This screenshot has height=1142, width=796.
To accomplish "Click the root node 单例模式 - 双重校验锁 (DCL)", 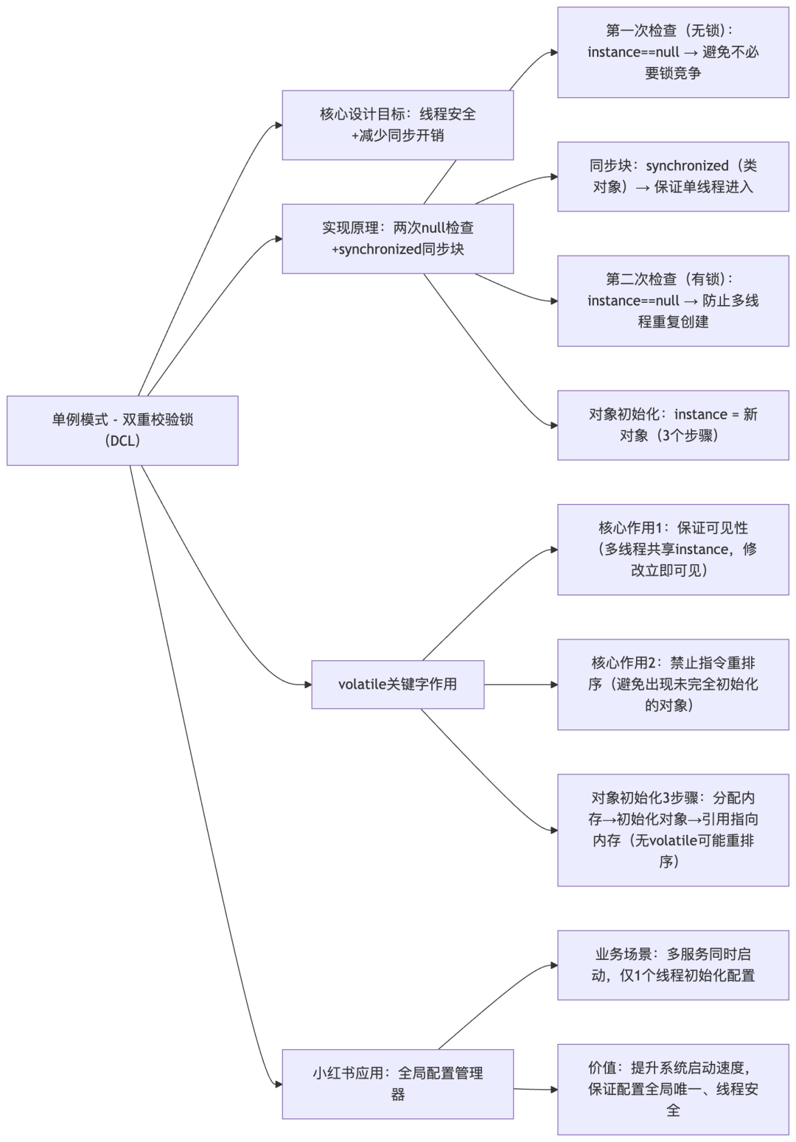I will point(122,430).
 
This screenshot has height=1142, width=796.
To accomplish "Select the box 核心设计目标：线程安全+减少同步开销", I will point(397,125).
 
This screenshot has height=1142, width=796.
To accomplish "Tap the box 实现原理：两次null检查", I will point(397,239).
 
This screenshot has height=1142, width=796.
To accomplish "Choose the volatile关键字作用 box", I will point(397,684).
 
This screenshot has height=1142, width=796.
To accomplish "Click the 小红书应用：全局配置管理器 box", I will point(397,1084).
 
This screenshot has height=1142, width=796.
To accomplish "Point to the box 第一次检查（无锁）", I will point(673,52).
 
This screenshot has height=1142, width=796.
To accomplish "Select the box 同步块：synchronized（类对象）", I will point(673,177).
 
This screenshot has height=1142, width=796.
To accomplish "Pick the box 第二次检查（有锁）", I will point(673,301).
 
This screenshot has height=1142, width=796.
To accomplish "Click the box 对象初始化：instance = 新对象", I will point(673,425).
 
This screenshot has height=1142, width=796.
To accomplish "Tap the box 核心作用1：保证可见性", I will point(673,550).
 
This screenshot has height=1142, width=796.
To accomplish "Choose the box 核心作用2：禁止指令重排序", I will point(673,684).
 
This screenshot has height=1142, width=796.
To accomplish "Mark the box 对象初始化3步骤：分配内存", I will point(673,830).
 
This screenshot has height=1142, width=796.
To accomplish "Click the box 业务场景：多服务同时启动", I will point(673,965).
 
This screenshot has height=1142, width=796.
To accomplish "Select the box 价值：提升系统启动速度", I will point(673,1089).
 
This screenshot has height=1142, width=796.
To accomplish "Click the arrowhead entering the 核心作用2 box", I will point(554,684).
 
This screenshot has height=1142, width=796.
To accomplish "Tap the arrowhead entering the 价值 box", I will point(554,1089).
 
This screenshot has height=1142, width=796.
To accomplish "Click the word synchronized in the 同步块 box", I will point(687,166).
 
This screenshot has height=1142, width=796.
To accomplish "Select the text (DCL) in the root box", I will point(122,441).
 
